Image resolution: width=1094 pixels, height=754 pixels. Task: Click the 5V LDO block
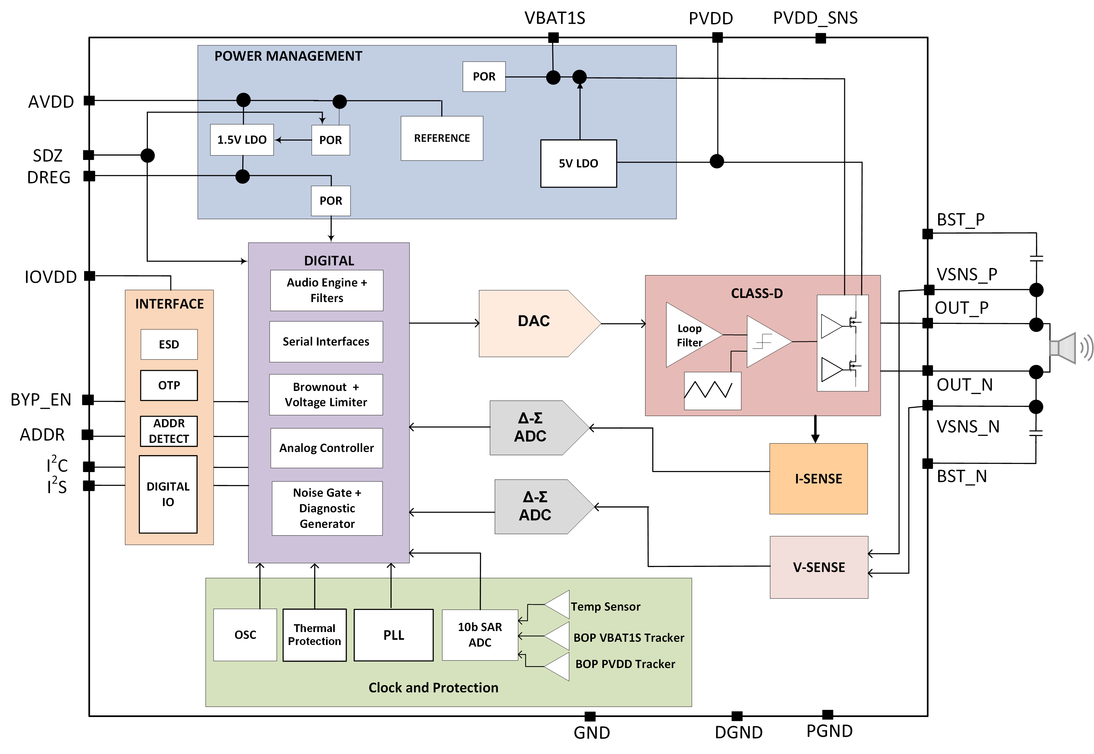pyautogui.click(x=578, y=164)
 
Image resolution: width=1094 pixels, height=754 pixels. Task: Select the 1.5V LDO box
pyautogui.click(x=242, y=140)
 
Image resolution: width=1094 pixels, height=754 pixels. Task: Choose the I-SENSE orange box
pyautogui.click(x=818, y=479)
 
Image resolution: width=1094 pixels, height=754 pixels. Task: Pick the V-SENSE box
pyautogui.click(x=818, y=567)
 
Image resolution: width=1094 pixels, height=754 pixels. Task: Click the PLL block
pyautogui.click(x=393, y=635)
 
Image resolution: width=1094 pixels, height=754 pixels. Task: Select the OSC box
pyautogui.click(x=245, y=635)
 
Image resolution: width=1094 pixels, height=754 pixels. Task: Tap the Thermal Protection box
pyautogui.click(x=314, y=635)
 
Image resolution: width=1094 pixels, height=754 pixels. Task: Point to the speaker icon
pyautogui.click(x=1069, y=348)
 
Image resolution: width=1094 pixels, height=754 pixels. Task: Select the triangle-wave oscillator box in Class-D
pyautogui.click(x=712, y=391)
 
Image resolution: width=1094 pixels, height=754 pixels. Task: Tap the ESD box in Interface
pyautogui.click(x=169, y=345)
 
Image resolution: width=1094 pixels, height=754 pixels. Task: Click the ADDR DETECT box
pyautogui.click(x=169, y=431)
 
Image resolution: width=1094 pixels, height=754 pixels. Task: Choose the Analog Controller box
pyautogui.click(x=326, y=448)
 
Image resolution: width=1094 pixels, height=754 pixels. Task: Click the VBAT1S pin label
pyautogui.click(x=555, y=18)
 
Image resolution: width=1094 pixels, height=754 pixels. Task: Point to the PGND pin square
pyautogui.click(x=827, y=714)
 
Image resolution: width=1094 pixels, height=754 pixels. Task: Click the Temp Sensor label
pyautogui.click(x=605, y=607)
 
